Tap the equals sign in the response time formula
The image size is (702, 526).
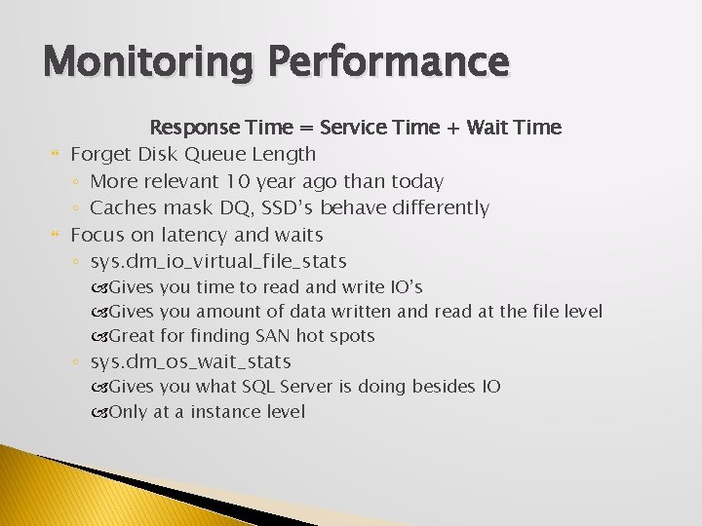tap(306, 127)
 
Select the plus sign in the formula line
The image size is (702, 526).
tap(452, 127)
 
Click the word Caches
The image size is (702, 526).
tap(122, 207)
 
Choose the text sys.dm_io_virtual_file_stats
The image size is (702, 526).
tap(218, 261)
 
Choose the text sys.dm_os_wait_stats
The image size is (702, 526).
tap(190, 362)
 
